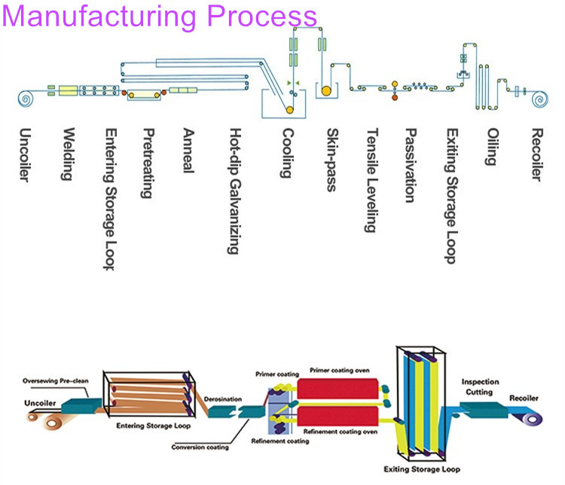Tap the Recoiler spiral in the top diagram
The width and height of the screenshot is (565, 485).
point(538,98)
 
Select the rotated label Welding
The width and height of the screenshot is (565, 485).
point(68,154)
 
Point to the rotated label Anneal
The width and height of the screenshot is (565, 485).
point(188,151)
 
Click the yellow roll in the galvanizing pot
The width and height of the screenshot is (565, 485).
point(289,109)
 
